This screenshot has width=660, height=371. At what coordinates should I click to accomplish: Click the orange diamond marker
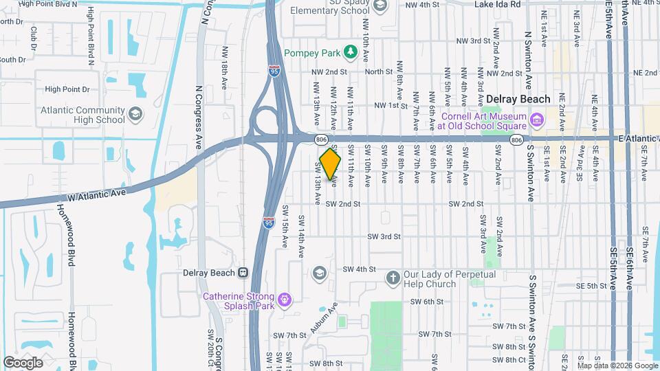pos(330,164)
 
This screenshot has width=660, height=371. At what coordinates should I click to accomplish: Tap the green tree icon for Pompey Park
pos(351,52)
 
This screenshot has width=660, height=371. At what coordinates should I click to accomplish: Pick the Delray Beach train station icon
pos(243,272)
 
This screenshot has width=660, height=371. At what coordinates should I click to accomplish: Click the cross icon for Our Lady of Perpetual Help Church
pos(393,278)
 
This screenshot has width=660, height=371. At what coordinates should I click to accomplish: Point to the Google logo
pos(23,362)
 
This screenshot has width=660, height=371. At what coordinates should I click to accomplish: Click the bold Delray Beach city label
pos(518,99)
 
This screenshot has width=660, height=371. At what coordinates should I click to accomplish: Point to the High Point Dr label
pos(67,89)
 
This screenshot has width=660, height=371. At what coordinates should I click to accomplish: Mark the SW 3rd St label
pos(384,236)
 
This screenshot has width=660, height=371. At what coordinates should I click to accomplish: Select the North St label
pos(378,71)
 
